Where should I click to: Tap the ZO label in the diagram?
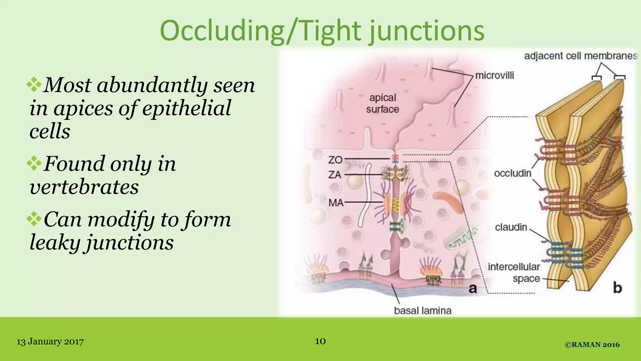pos(335,160)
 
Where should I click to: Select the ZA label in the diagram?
pos(335,175)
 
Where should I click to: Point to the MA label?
pos(336,203)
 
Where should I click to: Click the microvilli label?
pos(495,76)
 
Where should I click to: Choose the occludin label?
pos(512,173)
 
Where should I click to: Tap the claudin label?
pos(511,227)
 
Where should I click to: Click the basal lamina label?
pos(423,311)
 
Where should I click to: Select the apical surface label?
pos(382,103)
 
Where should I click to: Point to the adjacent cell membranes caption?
pos(581,56)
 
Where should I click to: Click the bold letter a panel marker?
pos(473,288)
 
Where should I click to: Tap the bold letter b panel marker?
pos(617,288)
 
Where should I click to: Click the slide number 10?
pos(320,341)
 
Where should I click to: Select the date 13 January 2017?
pos(50,342)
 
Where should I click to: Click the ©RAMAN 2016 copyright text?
pos(592,345)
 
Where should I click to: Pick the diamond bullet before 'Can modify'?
pos(34,219)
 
